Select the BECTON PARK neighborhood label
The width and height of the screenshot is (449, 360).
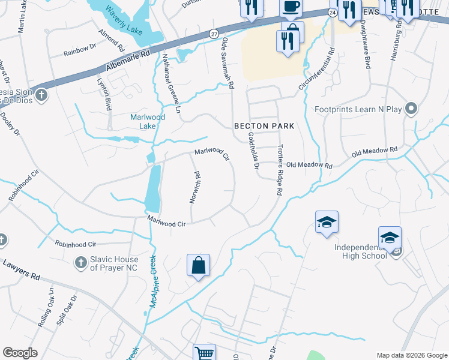(264, 126)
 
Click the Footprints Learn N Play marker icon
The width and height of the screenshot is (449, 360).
(411, 109)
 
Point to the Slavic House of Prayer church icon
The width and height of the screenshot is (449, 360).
(80, 262)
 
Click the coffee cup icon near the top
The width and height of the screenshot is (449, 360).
(291, 7)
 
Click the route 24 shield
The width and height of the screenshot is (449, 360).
(332, 12)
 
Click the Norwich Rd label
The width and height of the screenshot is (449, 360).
(195, 187)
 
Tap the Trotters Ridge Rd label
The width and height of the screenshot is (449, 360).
(279, 171)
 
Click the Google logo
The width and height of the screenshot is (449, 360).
(20, 353)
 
